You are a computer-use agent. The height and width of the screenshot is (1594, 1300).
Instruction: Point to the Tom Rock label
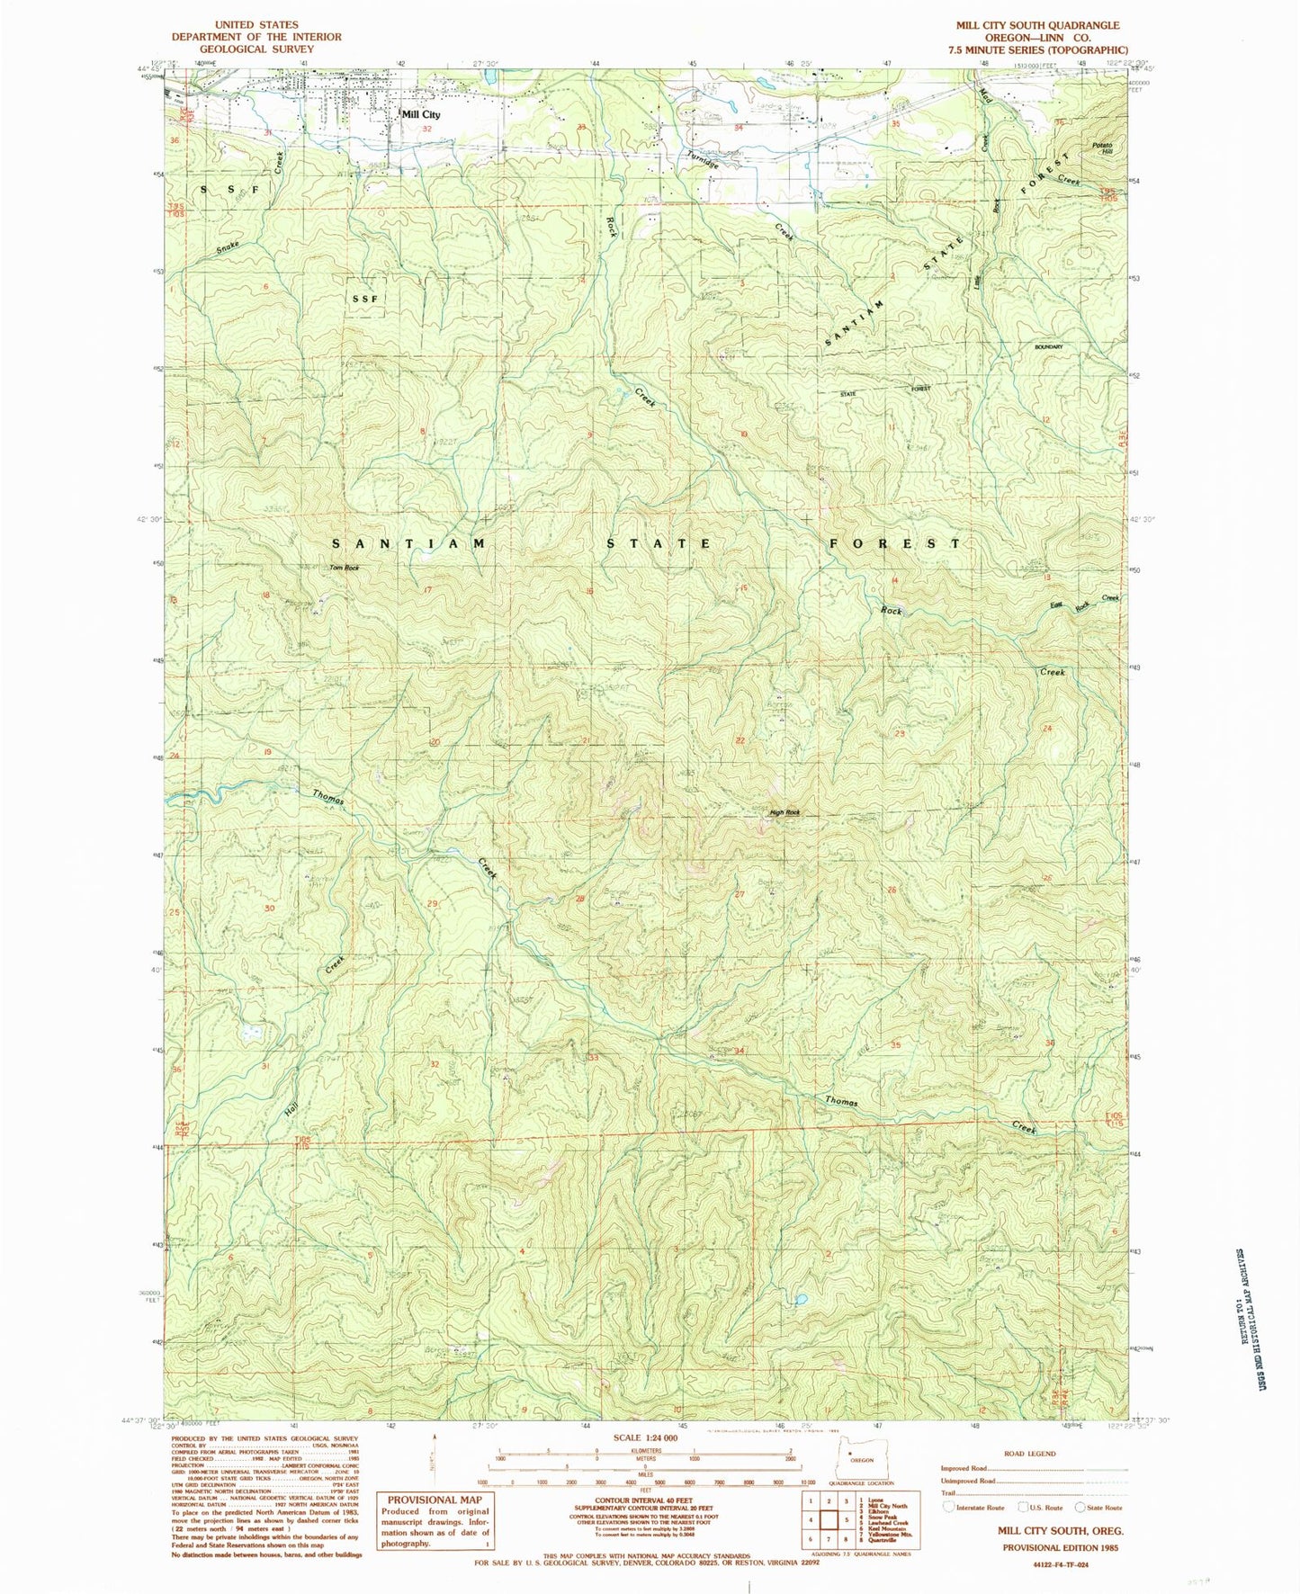344,568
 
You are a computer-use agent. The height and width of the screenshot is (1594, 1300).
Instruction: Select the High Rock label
784,813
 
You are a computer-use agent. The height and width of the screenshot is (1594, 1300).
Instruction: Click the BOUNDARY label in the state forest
1049,346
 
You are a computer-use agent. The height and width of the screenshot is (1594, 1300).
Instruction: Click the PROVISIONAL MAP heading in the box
435,1500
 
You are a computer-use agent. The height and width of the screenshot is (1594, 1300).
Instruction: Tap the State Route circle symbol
1080,1507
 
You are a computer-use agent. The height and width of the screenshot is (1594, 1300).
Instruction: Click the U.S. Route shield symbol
1022,1507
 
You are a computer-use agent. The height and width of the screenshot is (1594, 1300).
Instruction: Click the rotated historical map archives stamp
1247,1304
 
